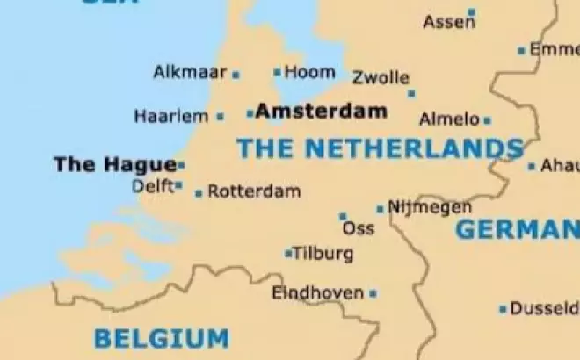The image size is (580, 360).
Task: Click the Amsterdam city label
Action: pos(322,112)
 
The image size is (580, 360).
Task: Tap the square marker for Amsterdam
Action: pos(250,112)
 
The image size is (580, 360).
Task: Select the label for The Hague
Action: pos(114,164)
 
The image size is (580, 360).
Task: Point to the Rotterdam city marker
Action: pos(199,193)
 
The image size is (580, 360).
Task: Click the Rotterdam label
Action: pos(254,191)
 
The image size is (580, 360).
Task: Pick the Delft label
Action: pos(152,186)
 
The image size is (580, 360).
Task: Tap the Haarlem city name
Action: pos(171,116)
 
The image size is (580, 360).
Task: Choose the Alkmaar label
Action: pos(190,72)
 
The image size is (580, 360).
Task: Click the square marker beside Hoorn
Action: pos(278,73)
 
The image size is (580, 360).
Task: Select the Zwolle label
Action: pos(381,77)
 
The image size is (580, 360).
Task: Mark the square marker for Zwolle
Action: pos(411,93)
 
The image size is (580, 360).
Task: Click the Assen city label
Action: pos(448,23)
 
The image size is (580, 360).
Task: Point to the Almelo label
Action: pos(449,119)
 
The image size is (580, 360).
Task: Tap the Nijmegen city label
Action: pos(430,207)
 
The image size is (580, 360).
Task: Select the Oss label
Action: pos(358,229)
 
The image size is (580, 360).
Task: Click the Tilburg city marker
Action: pos(288,254)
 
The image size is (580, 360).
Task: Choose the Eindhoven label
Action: pos(317,292)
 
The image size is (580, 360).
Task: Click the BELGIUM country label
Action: pos(161,337)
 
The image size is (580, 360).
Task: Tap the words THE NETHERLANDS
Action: pos(380,148)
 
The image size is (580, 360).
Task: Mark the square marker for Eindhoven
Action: pos(373,293)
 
